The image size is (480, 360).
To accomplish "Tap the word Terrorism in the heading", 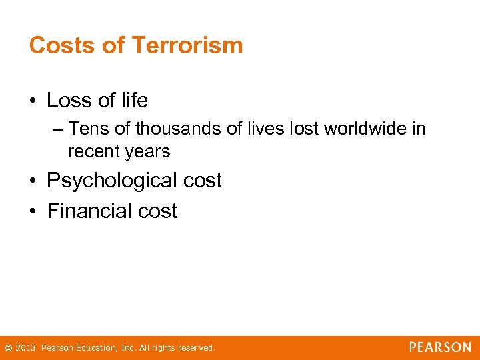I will (x=187, y=45).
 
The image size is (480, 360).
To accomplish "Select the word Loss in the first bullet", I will (x=69, y=101).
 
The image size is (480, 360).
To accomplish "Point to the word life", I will (x=133, y=101).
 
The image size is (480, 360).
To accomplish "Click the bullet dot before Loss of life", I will (x=33, y=101).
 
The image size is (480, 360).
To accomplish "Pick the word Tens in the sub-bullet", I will (x=86, y=128).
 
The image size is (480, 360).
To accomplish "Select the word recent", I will (x=93, y=151).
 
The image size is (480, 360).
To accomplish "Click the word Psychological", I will (x=112, y=181).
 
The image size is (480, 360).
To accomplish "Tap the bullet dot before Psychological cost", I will (x=33, y=181).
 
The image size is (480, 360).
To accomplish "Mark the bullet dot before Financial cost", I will (x=33, y=212).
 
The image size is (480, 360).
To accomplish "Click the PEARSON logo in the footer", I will (x=440, y=347).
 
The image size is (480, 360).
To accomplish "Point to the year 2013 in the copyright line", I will (x=25, y=348).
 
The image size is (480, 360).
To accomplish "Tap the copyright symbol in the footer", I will (x=8, y=348).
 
